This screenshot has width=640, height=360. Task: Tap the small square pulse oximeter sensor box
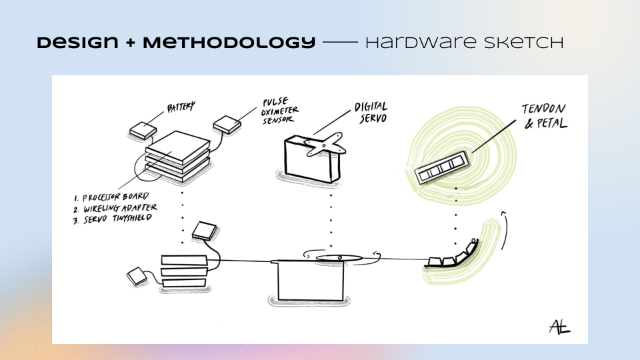[x=228, y=124]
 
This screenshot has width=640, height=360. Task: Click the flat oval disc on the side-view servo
[x=338, y=257]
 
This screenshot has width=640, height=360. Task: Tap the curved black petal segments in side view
[x=454, y=257]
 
